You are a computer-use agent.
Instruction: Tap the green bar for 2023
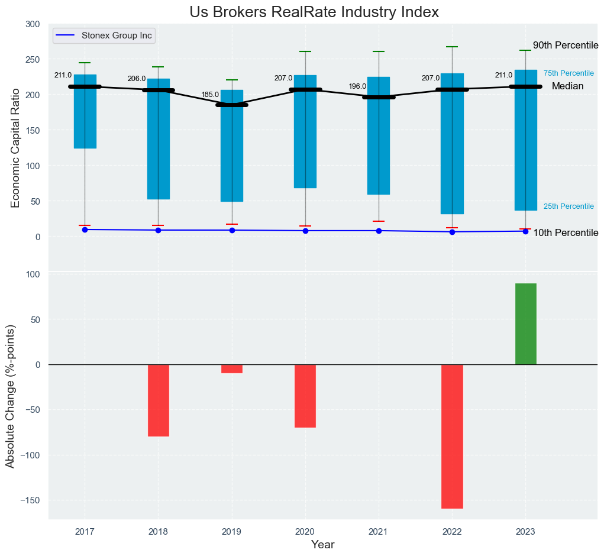click(525, 324)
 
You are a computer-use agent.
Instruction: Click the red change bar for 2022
click(452, 436)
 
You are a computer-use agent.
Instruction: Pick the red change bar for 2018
click(158, 400)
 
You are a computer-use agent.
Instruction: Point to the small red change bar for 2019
click(232, 368)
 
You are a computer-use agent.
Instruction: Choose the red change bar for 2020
click(305, 396)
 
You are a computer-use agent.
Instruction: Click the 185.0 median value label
click(210, 95)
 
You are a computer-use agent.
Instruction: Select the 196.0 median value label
click(357, 86)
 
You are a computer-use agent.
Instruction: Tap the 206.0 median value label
click(137, 79)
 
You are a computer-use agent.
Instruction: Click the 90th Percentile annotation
click(566, 46)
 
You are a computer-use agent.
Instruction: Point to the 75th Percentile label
click(569, 73)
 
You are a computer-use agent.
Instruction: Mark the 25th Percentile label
click(569, 206)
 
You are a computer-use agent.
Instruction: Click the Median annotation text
click(567, 86)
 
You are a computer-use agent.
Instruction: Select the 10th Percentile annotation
click(566, 233)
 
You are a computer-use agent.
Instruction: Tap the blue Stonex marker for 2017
click(85, 229)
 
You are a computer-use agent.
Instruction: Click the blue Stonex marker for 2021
click(379, 231)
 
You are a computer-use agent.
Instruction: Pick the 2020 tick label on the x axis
click(305, 531)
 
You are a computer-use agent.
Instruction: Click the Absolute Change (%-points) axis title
click(10, 396)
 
